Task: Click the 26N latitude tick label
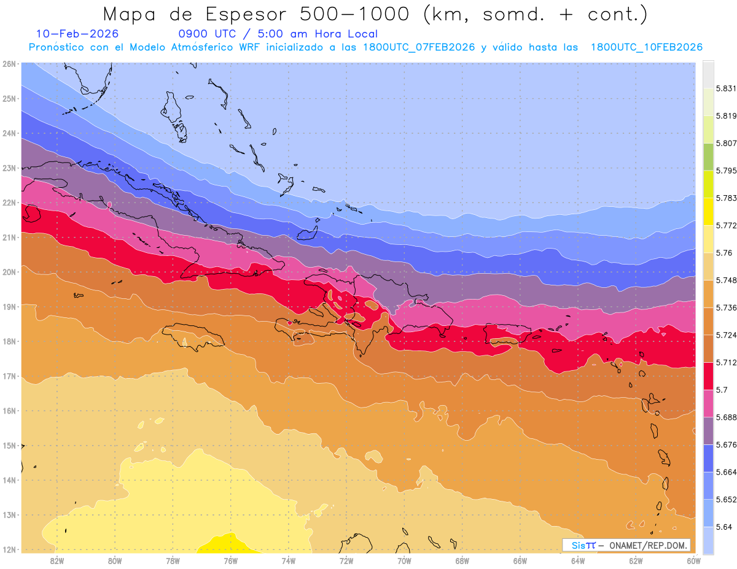pyautogui.click(x=9, y=64)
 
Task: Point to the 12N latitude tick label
pyautogui.click(x=9, y=549)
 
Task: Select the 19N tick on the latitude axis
pyautogui.click(x=9, y=306)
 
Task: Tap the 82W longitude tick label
pyautogui.click(x=57, y=560)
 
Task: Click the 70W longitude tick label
pyautogui.click(x=404, y=560)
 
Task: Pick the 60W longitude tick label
pyautogui.click(x=693, y=560)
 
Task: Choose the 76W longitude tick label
pyautogui.click(x=230, y=560)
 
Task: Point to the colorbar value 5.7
pyautogui.click(x=722, y=390)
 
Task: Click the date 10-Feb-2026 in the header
pyautogui.click(x=77, y=34)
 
